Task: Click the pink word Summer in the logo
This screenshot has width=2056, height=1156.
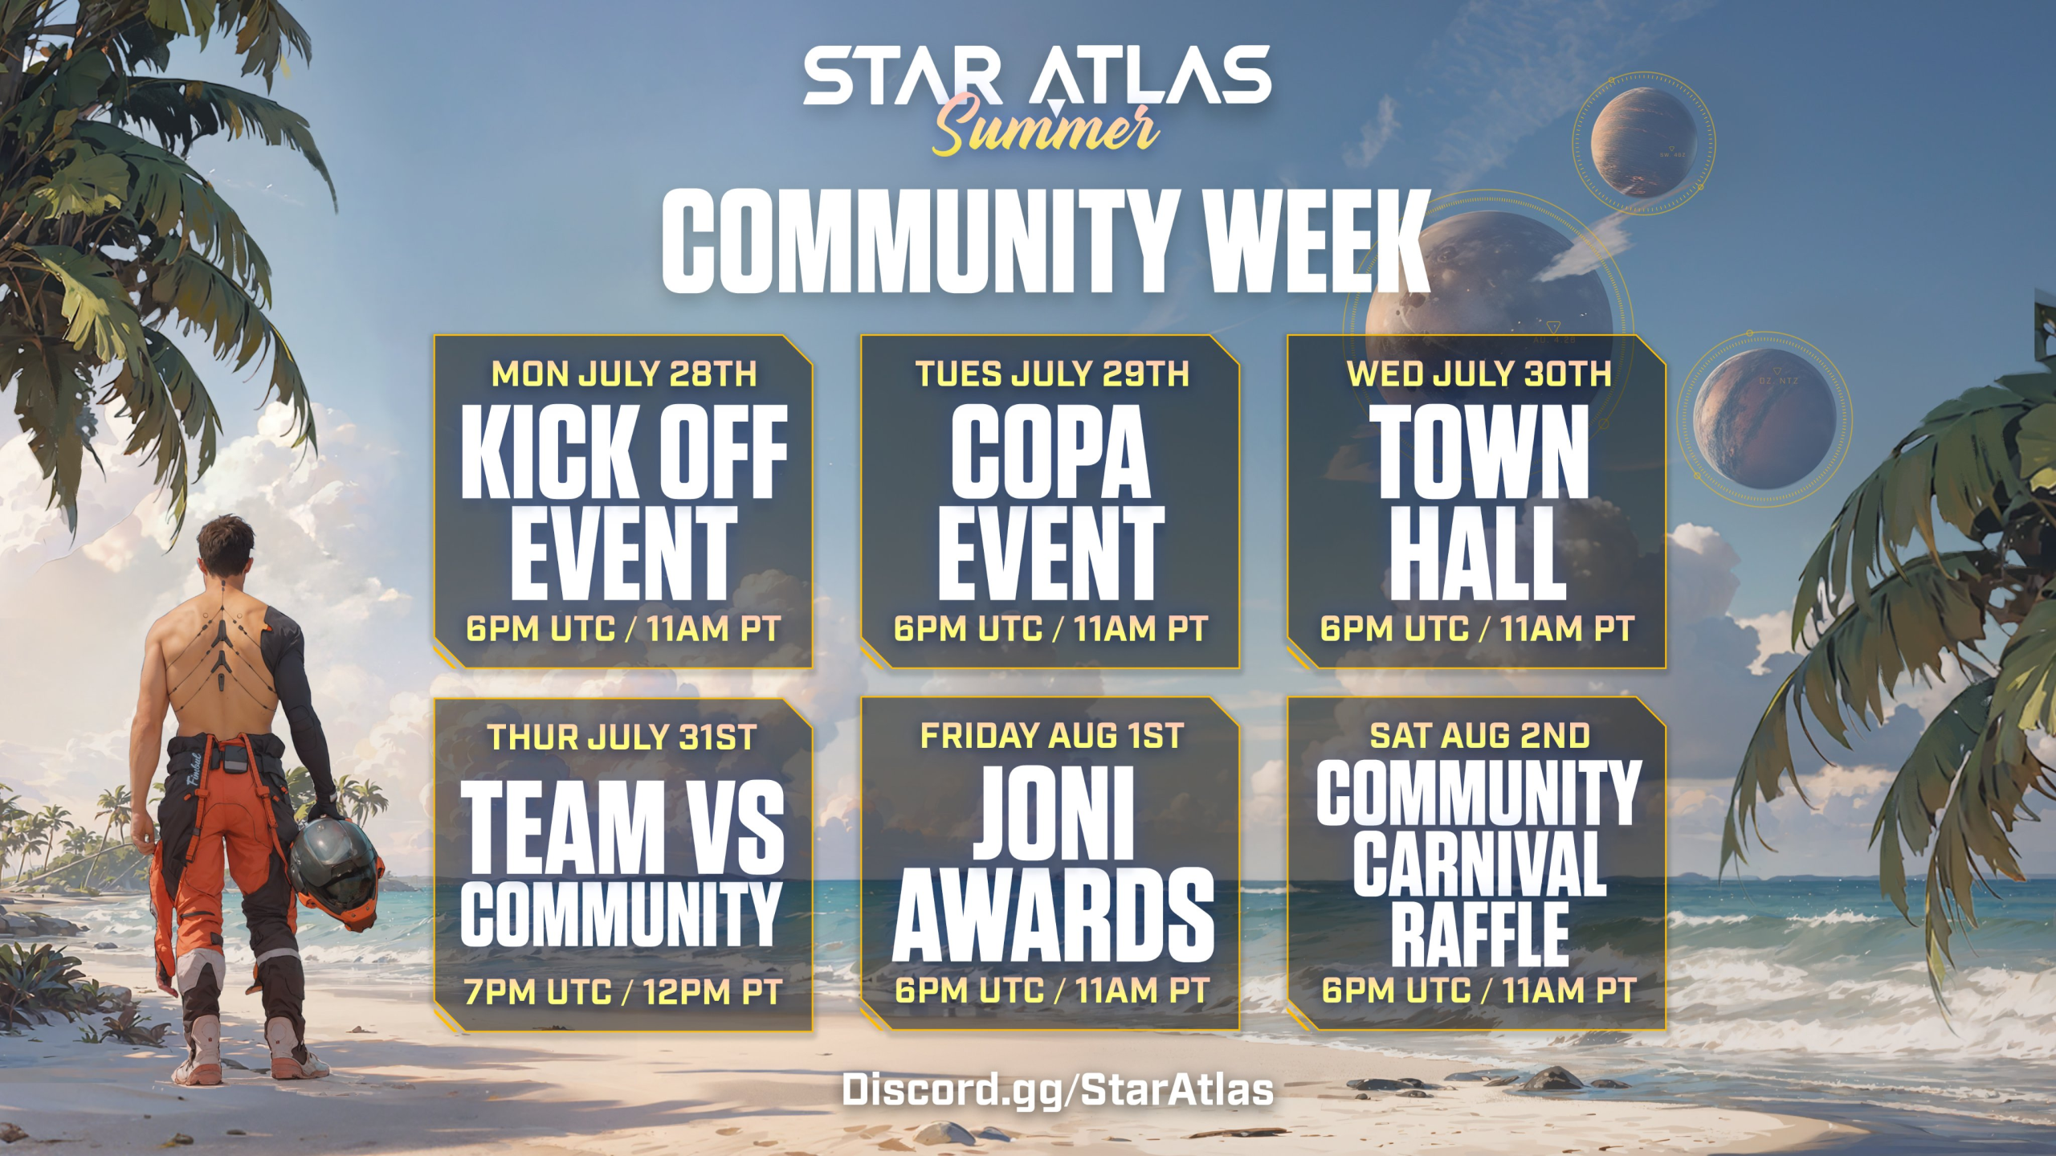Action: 1044,129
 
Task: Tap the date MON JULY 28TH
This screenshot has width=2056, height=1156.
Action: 624,374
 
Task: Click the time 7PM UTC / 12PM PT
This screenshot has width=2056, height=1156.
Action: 622,992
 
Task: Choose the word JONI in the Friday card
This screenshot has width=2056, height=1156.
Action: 1052,813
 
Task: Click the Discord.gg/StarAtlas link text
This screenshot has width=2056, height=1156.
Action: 1057,1090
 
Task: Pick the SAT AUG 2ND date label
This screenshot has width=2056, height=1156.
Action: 1479,736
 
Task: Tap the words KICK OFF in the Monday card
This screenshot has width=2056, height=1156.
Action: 624,451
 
